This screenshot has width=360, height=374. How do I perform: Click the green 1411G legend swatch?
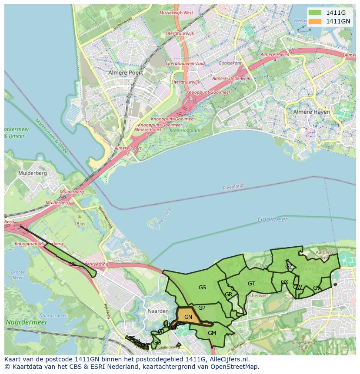click(315, 12)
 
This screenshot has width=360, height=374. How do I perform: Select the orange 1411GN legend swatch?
click(315, 21)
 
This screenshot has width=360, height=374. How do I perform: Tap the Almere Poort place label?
click(126, 73)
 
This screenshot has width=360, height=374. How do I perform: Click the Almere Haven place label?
click(311, 112)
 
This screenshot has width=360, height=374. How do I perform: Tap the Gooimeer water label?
click(273, 219)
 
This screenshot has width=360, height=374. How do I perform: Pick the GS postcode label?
click(202, 287)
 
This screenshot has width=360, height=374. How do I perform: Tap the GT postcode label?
click(251, 284)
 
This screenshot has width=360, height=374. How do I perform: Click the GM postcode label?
click(212, 333)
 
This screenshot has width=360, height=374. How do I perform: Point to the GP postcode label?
click(202, 308)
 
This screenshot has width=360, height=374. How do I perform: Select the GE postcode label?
click(73, 264)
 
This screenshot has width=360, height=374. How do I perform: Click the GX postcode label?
click(284, 282)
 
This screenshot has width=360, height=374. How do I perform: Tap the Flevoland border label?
click(233, 186)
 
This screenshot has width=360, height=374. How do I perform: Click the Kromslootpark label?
click(185, 130)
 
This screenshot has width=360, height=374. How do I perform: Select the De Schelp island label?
click(165, 216)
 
